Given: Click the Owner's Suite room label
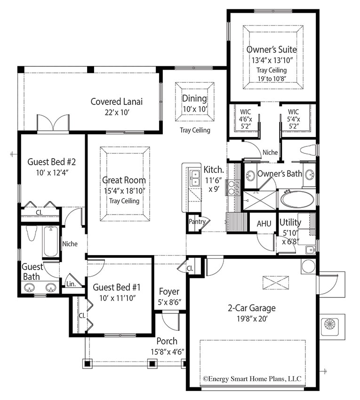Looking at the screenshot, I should point(272,49).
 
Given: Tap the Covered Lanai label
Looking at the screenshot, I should point(116,101).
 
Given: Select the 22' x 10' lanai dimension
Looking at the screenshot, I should point(116,112).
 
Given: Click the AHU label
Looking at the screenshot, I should point(264,224).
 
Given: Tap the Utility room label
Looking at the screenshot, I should point(291,222).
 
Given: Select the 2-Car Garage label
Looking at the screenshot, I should point(252,308).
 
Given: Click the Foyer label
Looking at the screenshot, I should point(168,291).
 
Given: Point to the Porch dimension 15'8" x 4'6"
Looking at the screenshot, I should point(167,351).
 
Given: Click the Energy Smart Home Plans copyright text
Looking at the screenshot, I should point(252,378).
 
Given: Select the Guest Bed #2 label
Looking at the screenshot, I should point(52,161).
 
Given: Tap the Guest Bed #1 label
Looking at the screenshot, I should point(116,287).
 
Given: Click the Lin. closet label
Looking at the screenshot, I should point(71,284).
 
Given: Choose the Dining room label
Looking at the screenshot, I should point(194,98).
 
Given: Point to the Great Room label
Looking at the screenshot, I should point(124,180).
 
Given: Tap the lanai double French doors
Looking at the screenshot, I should point(53,123).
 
